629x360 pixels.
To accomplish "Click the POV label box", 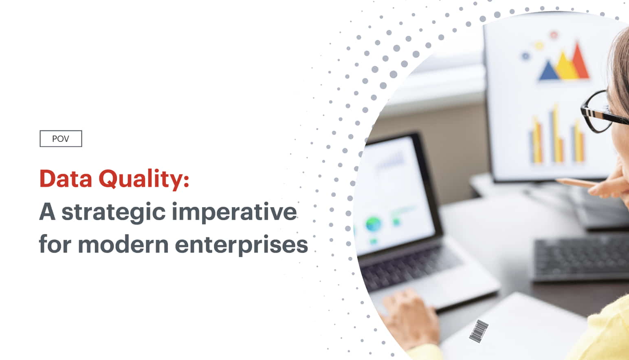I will pos(61,139).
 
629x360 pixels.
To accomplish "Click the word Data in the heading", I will pos(66,179).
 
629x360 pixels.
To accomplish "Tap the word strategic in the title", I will pos(113,212).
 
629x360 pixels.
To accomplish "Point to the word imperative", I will pos(234,212).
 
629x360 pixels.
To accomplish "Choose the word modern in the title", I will pos(123,244).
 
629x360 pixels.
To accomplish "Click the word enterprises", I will pos(241,245).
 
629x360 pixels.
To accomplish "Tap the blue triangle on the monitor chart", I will pos(548,71).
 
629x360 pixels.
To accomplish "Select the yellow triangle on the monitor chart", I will pos(565,66).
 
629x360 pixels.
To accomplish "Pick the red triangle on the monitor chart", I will pos(579,61).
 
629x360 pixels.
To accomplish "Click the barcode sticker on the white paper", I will pos(479,331).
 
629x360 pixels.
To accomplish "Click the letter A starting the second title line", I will pos(47,212).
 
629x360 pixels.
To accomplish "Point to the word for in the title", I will pos(55,244).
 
